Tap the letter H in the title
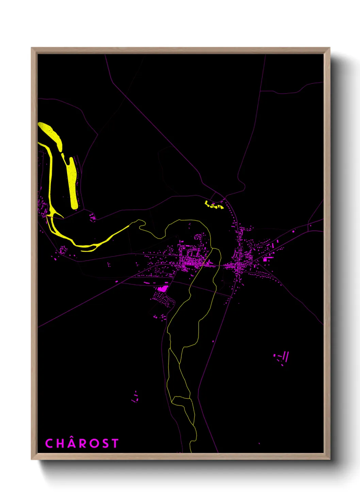(60, 443)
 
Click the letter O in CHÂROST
(94, 443)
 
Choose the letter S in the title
(105, 443)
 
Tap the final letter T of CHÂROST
(115, 443)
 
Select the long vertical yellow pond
(72, 184)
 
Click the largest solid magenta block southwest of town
(162, 289)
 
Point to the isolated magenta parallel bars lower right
(285, 357)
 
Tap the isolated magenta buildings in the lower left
(135, 397)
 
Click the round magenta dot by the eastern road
(293, 232)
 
